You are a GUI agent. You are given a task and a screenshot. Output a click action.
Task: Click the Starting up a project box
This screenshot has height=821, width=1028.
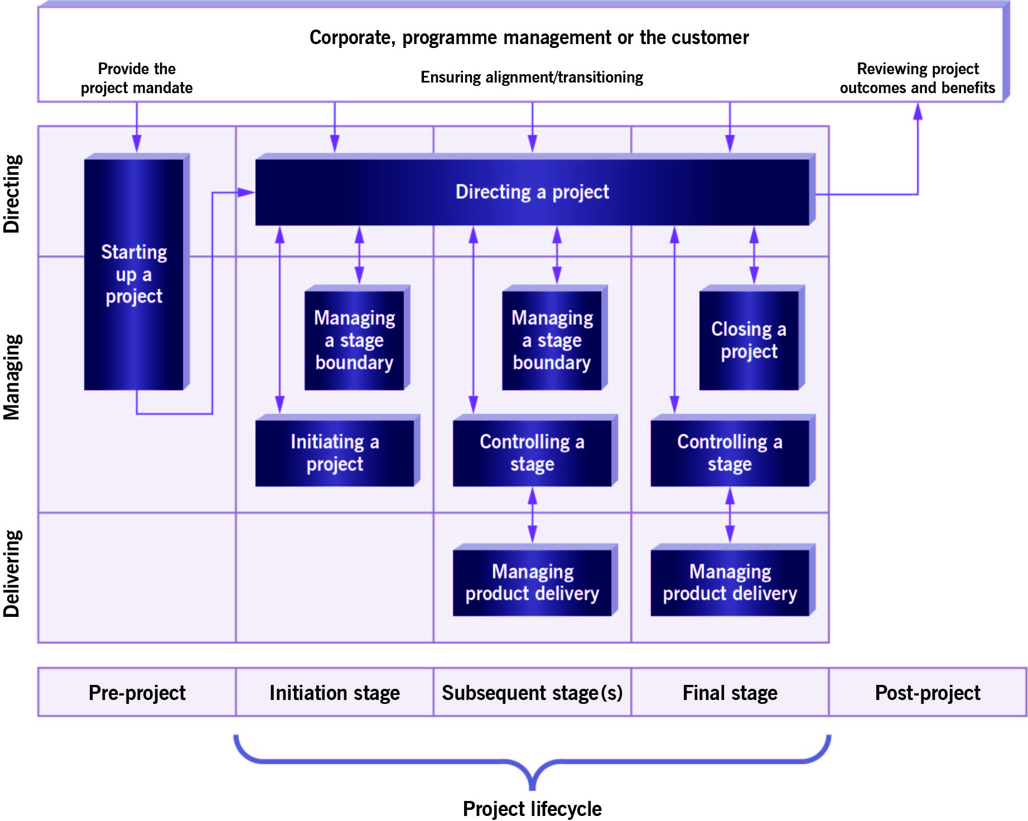134,274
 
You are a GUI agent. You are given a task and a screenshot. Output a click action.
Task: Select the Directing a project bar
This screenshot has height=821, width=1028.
532,192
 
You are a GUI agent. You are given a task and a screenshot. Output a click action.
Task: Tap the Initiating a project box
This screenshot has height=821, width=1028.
335,452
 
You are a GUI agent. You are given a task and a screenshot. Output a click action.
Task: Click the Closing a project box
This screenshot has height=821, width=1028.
749,340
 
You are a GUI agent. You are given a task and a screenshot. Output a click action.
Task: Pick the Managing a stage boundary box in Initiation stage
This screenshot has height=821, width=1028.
354,340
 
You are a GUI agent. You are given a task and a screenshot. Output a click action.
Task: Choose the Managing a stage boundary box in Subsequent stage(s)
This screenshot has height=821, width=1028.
552,340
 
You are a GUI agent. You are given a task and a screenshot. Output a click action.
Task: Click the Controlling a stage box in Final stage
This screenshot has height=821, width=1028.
730,452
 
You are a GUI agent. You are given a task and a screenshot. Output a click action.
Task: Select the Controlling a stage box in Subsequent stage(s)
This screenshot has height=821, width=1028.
532,452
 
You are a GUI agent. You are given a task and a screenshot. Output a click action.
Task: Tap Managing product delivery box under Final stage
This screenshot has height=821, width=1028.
730,582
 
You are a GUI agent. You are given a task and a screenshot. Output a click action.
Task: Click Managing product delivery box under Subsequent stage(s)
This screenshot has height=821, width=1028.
532,582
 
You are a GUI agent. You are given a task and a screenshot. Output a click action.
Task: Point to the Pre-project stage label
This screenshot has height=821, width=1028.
137,693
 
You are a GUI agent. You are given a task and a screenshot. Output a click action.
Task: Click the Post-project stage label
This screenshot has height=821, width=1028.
927,693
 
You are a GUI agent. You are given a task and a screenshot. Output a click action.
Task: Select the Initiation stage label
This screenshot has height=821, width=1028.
335,693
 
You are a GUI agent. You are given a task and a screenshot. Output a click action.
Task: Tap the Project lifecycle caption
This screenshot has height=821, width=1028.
532,808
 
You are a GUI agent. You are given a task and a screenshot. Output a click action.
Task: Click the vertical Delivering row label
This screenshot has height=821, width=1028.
12,573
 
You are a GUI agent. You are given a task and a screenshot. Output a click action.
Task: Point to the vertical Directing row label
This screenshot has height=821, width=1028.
12,194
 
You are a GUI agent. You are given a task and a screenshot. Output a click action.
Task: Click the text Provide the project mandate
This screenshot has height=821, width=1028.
137,78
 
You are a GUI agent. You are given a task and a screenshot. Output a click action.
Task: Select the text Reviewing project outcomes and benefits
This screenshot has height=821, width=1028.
918,78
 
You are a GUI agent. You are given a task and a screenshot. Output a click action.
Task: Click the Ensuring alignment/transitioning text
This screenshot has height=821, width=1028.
532,77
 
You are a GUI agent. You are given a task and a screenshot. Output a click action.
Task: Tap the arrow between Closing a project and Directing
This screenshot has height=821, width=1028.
754,255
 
